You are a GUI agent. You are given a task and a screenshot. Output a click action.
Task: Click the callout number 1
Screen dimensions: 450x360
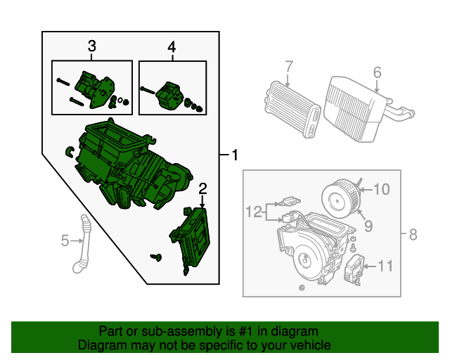coord(235,155)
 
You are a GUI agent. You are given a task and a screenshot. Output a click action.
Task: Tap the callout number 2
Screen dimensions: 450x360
coord(202,189)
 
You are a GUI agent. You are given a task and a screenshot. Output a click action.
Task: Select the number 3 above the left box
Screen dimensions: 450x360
coord(91,46)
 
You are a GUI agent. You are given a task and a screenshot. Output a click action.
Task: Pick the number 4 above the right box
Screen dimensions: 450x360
coord(172,47)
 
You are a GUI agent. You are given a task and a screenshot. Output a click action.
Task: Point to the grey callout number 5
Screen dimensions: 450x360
coord(65,240)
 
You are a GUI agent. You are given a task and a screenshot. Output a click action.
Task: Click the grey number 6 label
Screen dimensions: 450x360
coord(377,72)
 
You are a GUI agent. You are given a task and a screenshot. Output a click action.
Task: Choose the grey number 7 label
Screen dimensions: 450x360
coord(289,67)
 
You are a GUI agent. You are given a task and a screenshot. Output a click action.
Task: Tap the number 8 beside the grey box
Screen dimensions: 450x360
coord(413,235)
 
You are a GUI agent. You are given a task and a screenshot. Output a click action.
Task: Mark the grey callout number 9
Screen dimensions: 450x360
coord(368,226)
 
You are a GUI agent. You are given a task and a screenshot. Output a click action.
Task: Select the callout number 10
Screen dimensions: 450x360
coord(382,189)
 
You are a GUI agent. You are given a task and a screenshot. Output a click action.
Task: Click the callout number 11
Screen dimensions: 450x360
coord(385,266)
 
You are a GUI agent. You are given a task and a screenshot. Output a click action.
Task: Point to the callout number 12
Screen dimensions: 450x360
coord(254,212)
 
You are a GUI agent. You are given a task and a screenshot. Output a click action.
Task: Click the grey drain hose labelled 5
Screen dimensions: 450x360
coord(82,244)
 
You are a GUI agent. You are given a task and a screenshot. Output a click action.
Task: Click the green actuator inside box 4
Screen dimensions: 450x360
coord(169,96)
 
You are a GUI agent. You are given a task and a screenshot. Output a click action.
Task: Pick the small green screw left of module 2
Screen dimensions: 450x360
coord(156,257)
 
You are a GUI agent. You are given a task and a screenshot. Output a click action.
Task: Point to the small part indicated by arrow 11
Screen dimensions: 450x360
coord(354,269)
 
